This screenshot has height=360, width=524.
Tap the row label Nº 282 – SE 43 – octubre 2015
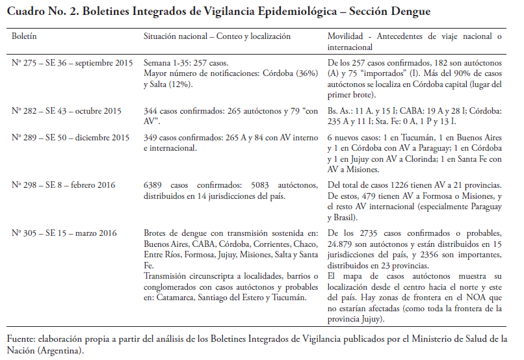tap(66, 111)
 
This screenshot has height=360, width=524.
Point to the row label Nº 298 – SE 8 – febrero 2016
tap(63, 185)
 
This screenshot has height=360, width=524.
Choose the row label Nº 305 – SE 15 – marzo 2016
tap(63, 232)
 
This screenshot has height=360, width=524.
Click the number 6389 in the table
tap(153, 185)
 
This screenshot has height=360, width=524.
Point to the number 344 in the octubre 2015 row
tap(151, 111)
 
